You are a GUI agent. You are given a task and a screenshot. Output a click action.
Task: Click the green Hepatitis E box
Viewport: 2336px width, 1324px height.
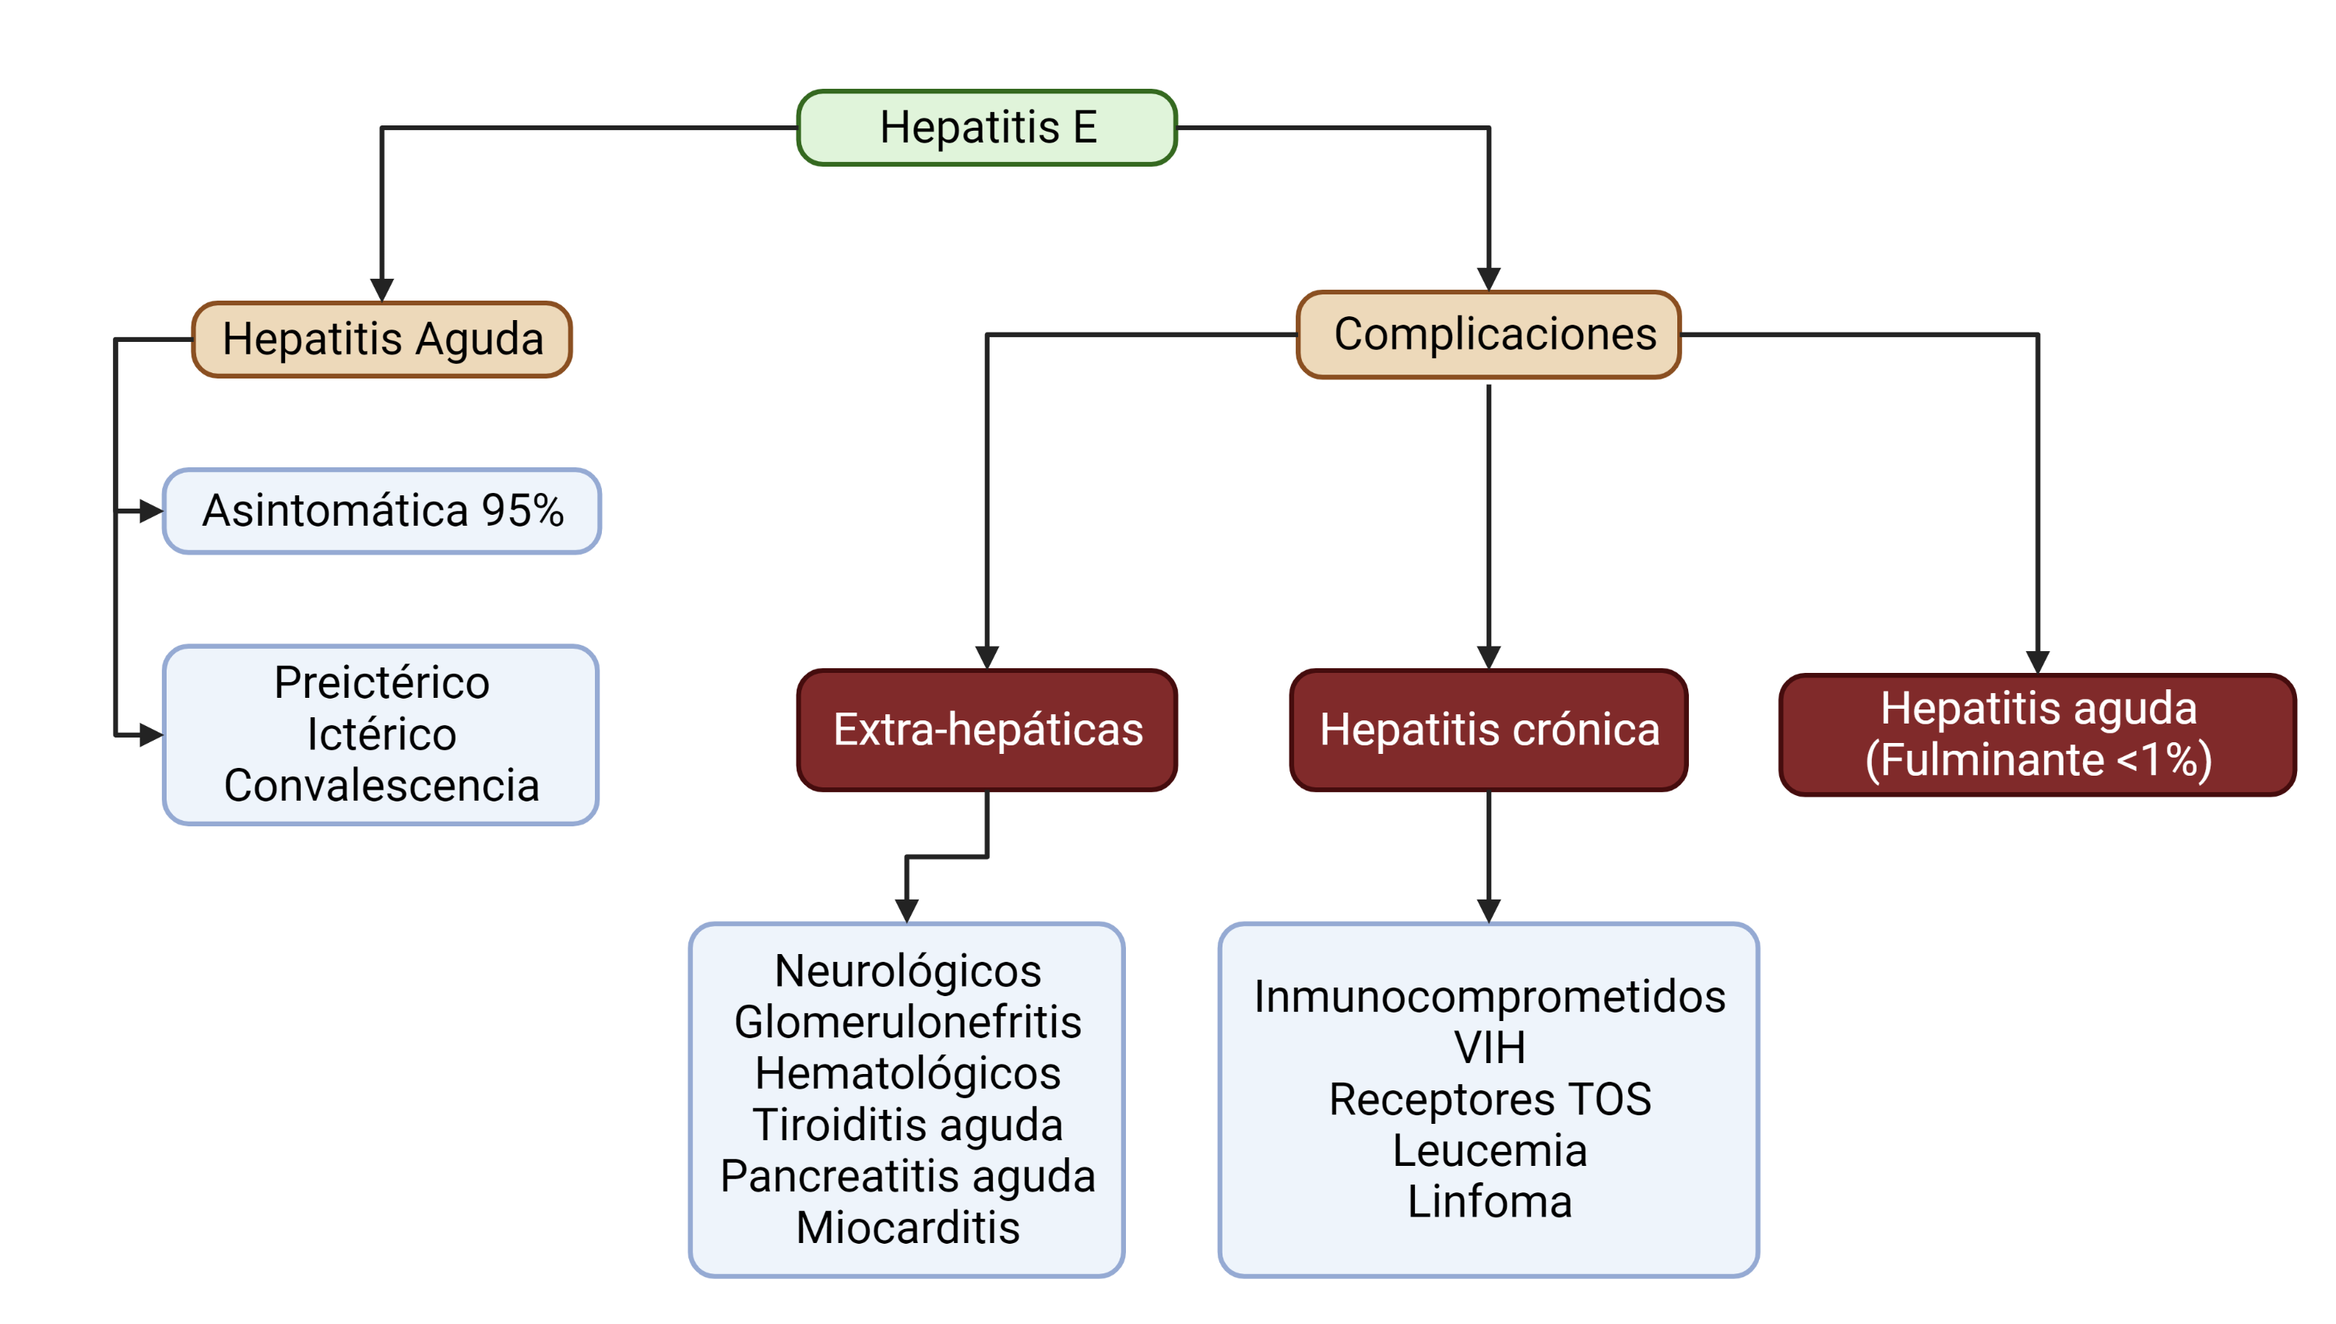(x=987, y=127)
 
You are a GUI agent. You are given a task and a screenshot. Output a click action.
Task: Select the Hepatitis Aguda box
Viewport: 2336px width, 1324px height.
(x=382, y=340)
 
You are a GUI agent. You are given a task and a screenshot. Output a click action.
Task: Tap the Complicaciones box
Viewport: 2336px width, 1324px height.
(x=1489, y=334)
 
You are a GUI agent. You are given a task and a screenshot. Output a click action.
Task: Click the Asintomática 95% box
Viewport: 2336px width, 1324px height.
(x=382, y=510)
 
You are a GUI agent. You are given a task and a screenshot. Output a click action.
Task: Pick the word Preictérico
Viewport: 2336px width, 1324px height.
(x=382, y=682)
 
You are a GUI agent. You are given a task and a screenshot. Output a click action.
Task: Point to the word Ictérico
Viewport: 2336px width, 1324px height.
(x=382, y=734)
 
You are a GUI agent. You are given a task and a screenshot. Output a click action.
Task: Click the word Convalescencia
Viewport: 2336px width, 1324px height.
(x=382, y=786)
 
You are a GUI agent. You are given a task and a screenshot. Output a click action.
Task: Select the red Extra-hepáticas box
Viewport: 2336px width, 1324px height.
(x=987, y=729)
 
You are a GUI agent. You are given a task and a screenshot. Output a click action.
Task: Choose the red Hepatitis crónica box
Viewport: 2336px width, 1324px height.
(x=1489, y=729)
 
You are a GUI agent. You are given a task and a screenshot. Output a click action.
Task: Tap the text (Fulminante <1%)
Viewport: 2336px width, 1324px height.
(x=2038, y=759)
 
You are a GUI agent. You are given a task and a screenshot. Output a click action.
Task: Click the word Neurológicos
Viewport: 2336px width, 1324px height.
(x=907, y=970)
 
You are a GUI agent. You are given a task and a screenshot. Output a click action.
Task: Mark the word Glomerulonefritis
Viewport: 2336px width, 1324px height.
(x=907, y=1022)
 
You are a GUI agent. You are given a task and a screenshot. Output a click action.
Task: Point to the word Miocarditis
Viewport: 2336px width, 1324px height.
(x=907, y=1227)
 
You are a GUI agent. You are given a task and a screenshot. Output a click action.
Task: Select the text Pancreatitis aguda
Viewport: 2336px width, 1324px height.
(x=907, y=1176)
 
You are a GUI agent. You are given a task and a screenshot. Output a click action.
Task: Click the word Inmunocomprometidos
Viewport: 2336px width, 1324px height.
(x=1489, y=996)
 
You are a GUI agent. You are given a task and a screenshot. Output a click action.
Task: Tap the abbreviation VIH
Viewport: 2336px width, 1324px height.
(x=1489, y=1048)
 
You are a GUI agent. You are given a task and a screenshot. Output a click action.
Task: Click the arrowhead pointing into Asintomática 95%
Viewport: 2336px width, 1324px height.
(x=151, y=511)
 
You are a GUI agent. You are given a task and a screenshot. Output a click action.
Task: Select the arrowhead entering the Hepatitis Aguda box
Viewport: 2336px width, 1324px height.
(x=382, y=289)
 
